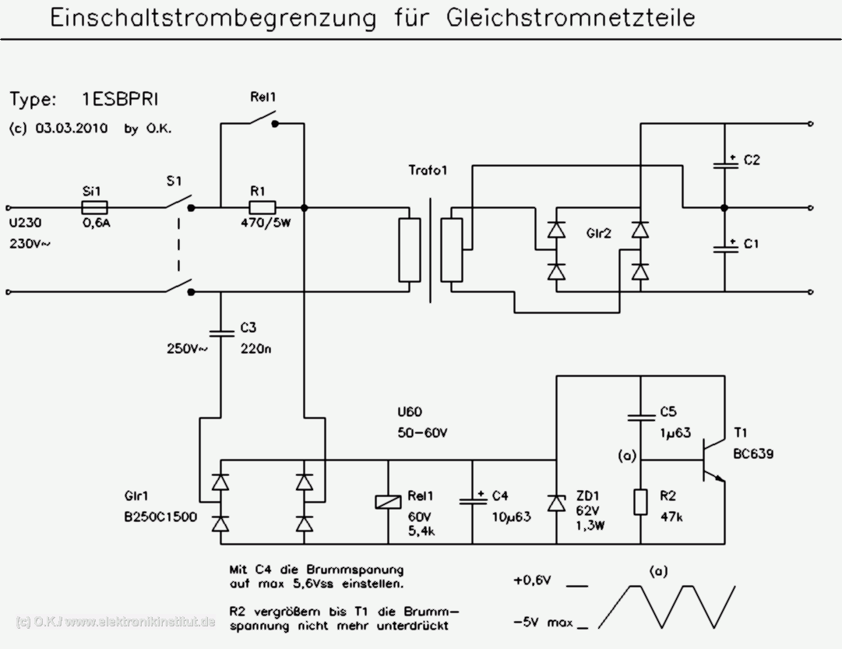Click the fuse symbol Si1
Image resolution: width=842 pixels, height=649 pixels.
click(94, 207)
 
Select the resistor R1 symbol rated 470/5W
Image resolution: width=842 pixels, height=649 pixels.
click(262, 207)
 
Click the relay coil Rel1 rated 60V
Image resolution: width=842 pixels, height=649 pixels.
click(388, 502)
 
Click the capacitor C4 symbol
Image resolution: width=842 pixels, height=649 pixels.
click(472, 499)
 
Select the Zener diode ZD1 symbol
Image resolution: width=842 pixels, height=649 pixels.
click(555, 503)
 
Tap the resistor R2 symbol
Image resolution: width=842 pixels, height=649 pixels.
click(639, 503)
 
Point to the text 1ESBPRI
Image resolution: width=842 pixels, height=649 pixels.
click(123, 100)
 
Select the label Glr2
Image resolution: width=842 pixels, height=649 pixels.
click(597, 233)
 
